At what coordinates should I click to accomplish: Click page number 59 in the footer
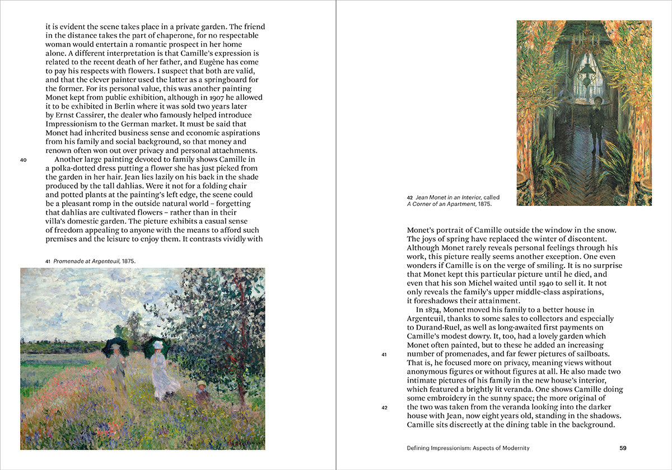tap(623, 448)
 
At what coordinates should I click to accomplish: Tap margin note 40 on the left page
tap(23, 160)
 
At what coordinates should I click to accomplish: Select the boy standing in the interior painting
tap(596, 123)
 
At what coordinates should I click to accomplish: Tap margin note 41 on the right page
tap(384, 354)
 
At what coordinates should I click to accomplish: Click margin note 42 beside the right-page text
tap(384, 407)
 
